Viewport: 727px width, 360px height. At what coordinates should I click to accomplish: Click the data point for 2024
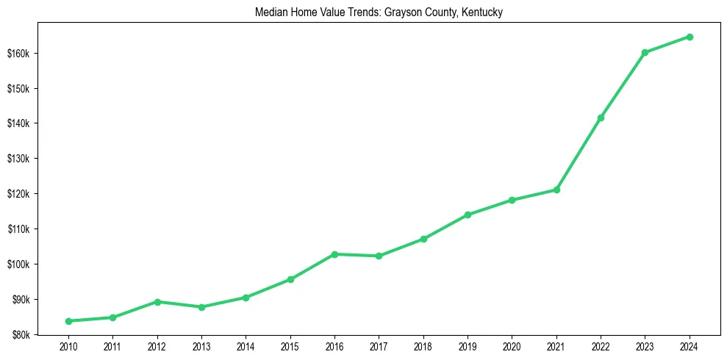(690, 37)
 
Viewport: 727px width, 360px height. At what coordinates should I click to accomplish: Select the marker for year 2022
(601, 118)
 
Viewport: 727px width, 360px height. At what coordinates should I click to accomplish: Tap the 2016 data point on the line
(334, 254)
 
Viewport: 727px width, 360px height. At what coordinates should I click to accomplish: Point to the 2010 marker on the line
(68, 321)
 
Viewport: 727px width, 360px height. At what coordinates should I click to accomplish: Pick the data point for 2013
(201, 307)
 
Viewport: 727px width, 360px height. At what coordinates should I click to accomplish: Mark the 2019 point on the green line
(468, 215)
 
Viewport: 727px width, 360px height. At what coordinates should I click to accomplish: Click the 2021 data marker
(556, 190)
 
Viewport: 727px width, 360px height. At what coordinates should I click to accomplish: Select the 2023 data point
(645, 52)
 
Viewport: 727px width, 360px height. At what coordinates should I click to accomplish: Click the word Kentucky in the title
(482, 12)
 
